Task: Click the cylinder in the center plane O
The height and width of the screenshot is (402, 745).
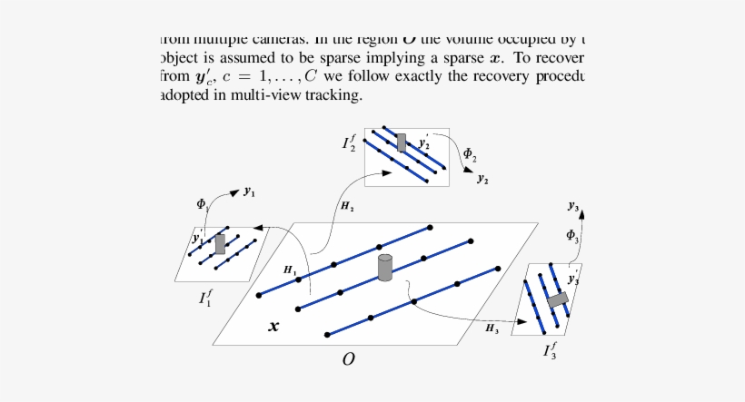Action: point(385,268)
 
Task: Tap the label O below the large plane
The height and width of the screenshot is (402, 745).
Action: point(348,360)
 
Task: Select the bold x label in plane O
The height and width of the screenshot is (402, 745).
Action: point(273,326)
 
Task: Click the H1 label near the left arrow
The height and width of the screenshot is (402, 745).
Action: point(289,270)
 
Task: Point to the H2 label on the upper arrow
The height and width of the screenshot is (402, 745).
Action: point(347,207)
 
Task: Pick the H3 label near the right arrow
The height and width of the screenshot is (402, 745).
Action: point(492,327)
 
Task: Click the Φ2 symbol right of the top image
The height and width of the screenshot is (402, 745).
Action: point(469,153)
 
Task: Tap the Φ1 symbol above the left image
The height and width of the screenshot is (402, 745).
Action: point(202,204)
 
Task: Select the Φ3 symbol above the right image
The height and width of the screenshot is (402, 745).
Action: point(572,236)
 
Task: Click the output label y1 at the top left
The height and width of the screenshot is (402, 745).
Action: point(248,192)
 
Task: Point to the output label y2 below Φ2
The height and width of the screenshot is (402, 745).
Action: point(482,180)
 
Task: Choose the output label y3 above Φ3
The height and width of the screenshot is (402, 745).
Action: point(573,207)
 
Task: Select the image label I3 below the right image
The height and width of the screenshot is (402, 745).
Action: point(551,349)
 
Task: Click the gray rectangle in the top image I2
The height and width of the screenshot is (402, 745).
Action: point(402,142)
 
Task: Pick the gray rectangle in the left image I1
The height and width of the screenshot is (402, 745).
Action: point(220,243)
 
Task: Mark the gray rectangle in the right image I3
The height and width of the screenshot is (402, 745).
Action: point(556,299)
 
